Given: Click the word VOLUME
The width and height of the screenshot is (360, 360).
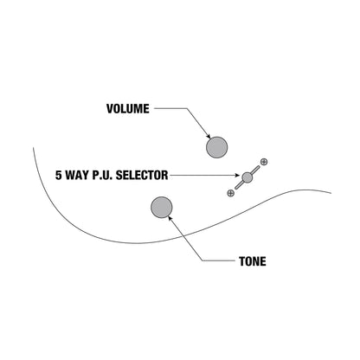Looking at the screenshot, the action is point(128,109).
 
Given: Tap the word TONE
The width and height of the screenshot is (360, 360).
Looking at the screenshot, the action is point(253,261).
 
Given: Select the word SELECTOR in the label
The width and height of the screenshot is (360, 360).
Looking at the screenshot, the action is point(142,175).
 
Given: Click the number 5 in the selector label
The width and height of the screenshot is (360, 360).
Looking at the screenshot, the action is point(59,175).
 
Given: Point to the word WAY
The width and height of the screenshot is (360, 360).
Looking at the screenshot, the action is point(77,175).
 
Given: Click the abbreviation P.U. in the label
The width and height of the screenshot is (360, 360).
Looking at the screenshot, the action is point(102,175).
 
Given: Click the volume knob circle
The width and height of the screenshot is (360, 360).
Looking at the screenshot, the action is point(217,147).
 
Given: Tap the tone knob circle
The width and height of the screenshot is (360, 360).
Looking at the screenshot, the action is point(162,208).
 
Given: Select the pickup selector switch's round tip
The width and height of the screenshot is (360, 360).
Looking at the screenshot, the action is point(247,177).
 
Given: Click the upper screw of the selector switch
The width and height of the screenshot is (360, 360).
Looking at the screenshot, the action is point(264,162).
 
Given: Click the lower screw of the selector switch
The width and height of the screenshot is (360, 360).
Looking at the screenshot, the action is point(230,193).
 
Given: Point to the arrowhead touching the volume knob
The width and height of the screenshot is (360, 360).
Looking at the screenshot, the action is point(209,136).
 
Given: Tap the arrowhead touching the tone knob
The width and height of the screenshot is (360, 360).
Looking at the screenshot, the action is point(170,219).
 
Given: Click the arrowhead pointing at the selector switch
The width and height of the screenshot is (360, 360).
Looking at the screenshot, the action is point(237,175).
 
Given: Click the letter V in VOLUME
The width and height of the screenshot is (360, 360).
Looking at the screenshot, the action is point(110,109).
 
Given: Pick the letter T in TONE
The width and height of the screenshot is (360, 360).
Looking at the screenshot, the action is point(242,261).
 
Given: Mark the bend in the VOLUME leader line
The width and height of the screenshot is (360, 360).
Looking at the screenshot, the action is point(187,109).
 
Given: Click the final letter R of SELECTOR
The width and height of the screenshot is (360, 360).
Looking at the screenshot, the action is point(165,175).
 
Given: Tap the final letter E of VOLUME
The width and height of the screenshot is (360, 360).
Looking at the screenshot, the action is point(146,109).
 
